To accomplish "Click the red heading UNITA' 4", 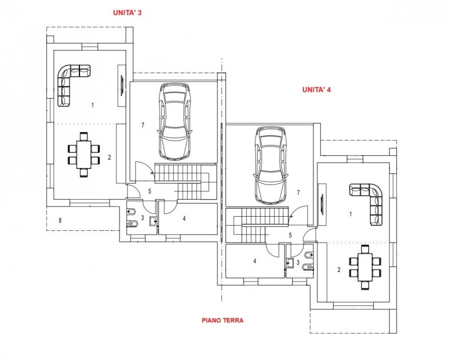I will [316, 89].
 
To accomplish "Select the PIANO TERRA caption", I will [223, 320].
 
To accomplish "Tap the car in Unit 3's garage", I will [173, 120].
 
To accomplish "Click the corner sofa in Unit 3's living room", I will [70, 82].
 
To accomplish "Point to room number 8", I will [60, 220].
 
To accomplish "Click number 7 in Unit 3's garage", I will [143, 125].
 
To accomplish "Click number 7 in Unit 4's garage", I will [297, 192].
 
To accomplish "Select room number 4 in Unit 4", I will [255, 261].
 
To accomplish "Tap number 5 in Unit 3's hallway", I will [149, 191].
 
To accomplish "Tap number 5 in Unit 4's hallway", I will [290, 236].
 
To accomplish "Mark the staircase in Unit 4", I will [251, 223].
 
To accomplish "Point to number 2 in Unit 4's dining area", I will [339, 270].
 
